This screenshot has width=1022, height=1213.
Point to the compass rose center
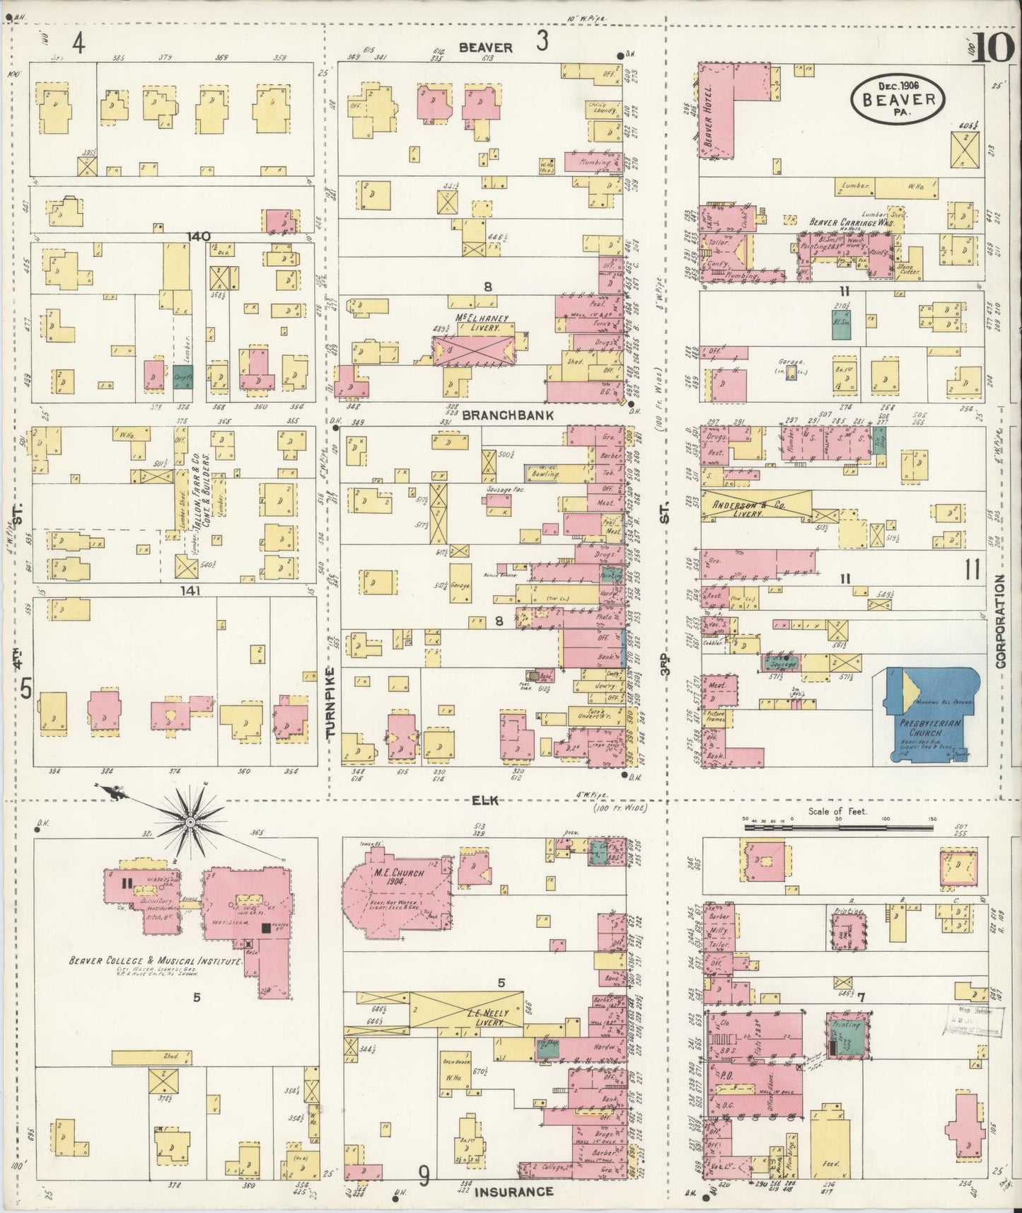click(x=190, y=822)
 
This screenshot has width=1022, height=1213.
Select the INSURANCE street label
click(x=513, y=1191)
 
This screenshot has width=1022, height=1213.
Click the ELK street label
click(x=485, y=800)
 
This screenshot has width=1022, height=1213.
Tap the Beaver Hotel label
click(x=710, y=110)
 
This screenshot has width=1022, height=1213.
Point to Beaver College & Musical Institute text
click(x=156, y=962)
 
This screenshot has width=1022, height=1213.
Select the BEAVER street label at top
click(x=485, y=47)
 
